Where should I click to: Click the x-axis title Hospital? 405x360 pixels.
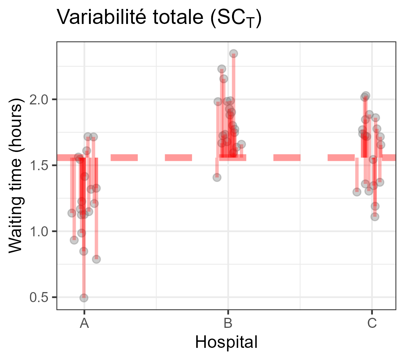click(226, 342)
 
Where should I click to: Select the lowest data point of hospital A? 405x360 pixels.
click(84, 297)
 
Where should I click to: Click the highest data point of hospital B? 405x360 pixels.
click(233, 54)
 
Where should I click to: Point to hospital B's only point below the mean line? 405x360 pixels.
click(217, 177)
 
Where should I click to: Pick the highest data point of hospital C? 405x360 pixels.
click(365, 96)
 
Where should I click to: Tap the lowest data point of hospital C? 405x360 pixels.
click(375, 217)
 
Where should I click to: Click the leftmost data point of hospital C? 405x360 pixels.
click(357, 192)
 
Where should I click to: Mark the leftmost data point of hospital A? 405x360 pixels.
click(72, 213)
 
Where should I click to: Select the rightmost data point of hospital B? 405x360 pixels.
click(241, 144)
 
